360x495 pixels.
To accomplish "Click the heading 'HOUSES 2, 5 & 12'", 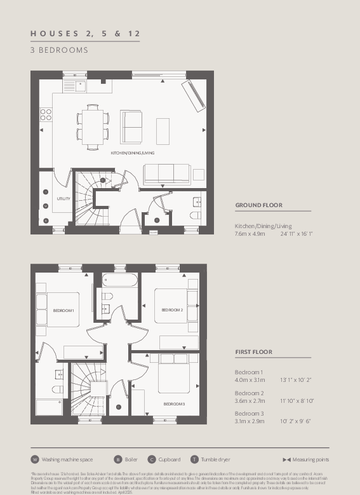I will (85, 33).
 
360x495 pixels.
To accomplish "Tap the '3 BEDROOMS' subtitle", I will (59, 50).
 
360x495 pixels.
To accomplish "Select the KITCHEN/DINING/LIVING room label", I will (132, 153).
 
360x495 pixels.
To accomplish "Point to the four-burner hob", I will (46, 114).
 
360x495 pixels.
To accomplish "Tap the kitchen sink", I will (80, 85).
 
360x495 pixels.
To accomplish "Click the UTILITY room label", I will (63, 199).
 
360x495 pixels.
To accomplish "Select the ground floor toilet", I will (195, 215).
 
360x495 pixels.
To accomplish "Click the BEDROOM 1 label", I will (63, 309).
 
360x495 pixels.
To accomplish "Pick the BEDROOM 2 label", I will (172, 309).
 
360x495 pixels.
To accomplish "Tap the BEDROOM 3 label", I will (174, 404).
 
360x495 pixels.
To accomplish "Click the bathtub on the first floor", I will (120, 280).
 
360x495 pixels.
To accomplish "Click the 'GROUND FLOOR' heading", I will (258, 205).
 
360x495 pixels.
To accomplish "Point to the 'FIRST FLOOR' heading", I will (253, 351).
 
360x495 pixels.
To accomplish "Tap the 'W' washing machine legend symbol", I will (35, 459).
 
